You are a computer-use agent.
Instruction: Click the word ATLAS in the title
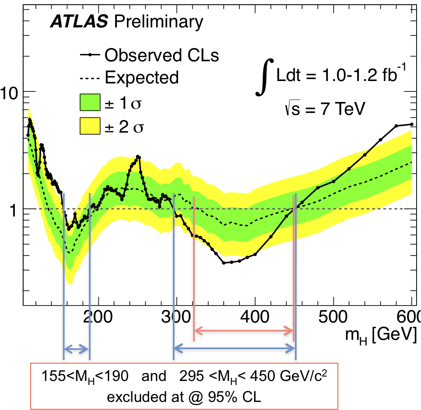click(x=79, y=22)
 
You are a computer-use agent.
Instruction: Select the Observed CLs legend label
click(x=161, y=55)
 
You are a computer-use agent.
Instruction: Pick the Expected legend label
click(x=141, y=77)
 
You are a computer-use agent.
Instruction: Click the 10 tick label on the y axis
click(x=12, y=93)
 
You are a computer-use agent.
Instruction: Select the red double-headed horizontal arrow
click(x=244, y=331)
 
